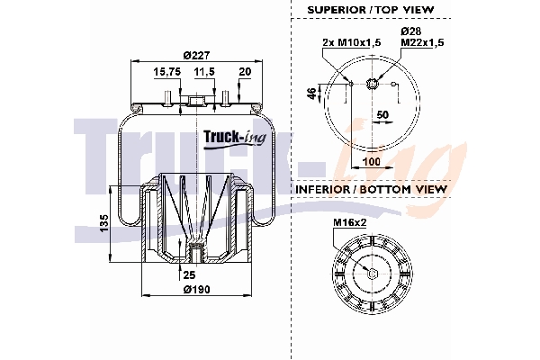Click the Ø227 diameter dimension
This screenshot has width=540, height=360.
(x=190, y=51)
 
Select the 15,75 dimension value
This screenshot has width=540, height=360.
(x=166, y=70)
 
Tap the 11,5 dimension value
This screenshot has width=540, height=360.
(x=204, y=70)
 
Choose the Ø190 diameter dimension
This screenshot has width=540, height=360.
(x=195, y=289)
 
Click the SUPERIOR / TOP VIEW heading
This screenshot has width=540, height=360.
(x=371, y=9)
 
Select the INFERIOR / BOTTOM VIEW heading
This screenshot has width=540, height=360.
(x=371, y=191)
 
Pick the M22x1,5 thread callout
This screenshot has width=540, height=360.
(x=420, y=42)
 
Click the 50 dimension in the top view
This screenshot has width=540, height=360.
(x=382, y=115)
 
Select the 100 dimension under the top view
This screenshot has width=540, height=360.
(x=370, y=163)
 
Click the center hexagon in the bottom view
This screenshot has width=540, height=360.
(x=371, y=274)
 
